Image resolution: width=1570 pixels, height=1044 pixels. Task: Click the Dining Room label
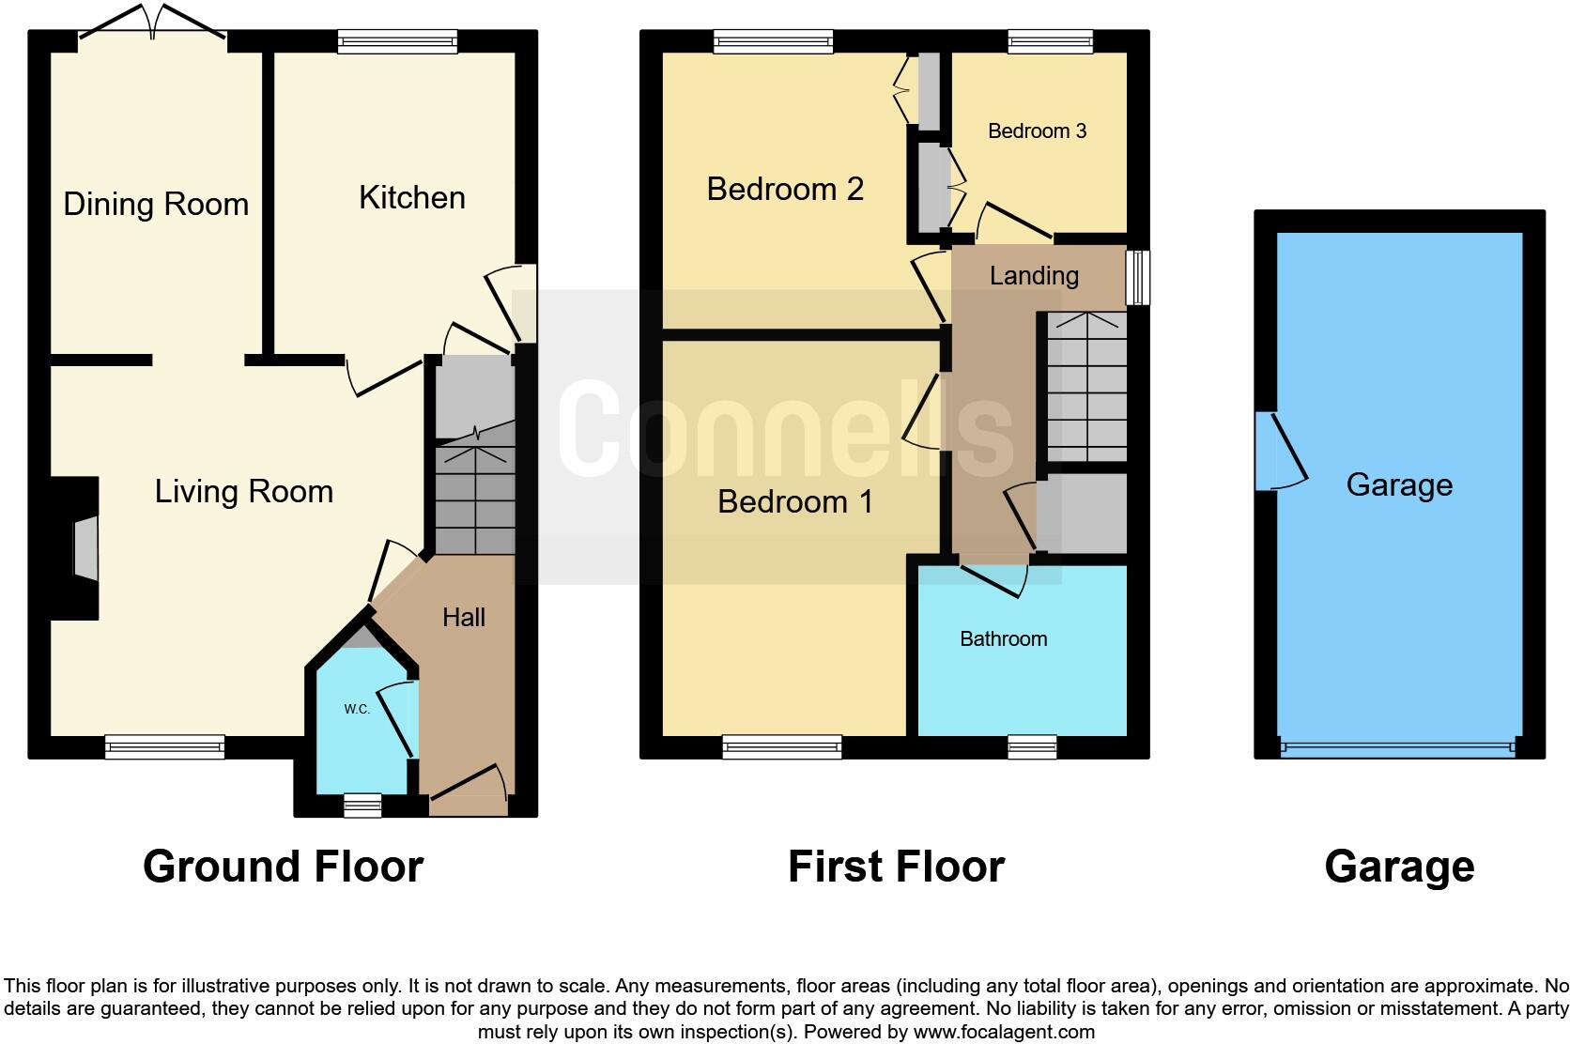[156, 204]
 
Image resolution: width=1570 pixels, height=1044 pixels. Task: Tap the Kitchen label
[412, 197]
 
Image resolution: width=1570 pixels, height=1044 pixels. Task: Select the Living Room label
[244, 491]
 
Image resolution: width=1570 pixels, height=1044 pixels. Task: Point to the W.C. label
[357, 709]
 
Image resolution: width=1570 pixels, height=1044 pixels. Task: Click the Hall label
[464, 617]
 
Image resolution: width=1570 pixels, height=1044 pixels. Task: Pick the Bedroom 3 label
[1037, 130]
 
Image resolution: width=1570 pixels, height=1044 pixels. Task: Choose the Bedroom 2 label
[785, 189]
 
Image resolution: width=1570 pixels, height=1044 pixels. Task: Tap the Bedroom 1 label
[795, 501]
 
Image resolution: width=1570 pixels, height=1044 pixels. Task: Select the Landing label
[1034, 275]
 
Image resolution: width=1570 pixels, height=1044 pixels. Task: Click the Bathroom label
[1003, 638]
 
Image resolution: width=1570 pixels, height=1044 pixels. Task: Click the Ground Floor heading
[283, 866]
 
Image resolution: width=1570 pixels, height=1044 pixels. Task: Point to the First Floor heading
[896, 866]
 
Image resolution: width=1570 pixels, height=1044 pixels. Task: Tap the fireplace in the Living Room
[85, 548]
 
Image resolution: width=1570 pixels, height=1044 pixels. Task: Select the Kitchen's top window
[397, 40]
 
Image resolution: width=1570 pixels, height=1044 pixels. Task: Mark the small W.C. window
[362, 806]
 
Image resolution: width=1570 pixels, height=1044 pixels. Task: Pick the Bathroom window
[1032, 747]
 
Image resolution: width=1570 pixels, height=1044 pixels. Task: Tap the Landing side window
[1137, 277]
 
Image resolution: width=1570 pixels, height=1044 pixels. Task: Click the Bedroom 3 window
[1050, 40]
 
